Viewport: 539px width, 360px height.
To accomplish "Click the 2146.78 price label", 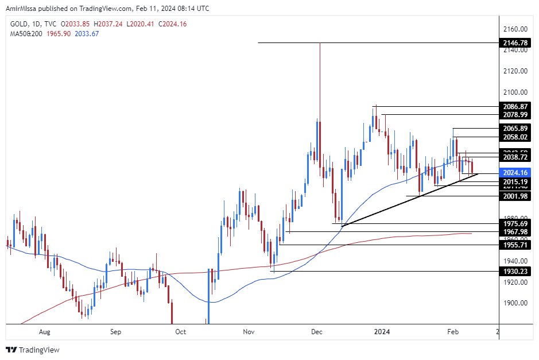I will click(x=514, y=43).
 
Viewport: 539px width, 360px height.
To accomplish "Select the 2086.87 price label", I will click(x=514, y=106).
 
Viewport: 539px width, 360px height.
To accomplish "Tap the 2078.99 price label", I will click(x=514, y=115).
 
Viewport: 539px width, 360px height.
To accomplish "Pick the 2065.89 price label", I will click(x=514, y=129).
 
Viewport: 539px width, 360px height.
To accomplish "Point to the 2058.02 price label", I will click(x=514, y=137).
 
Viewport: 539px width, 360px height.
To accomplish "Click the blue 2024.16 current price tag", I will click(x=514, y=173).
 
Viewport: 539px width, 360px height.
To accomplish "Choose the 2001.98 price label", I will click(x=514, y=196).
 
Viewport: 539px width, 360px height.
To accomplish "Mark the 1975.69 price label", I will click(x=514, y=223).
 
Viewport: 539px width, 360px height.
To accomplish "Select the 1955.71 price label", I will click(x=514, y=245).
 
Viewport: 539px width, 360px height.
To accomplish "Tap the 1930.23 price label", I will click(x=514, y=271).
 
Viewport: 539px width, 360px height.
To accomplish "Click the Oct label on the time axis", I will click(x=181, y=331).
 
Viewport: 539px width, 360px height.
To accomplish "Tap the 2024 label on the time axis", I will click(x=383, y=331).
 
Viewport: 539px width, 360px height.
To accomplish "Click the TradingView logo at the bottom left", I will click(x=33, y=350).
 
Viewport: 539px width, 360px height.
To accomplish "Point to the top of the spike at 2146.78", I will click(x=320, y=43).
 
